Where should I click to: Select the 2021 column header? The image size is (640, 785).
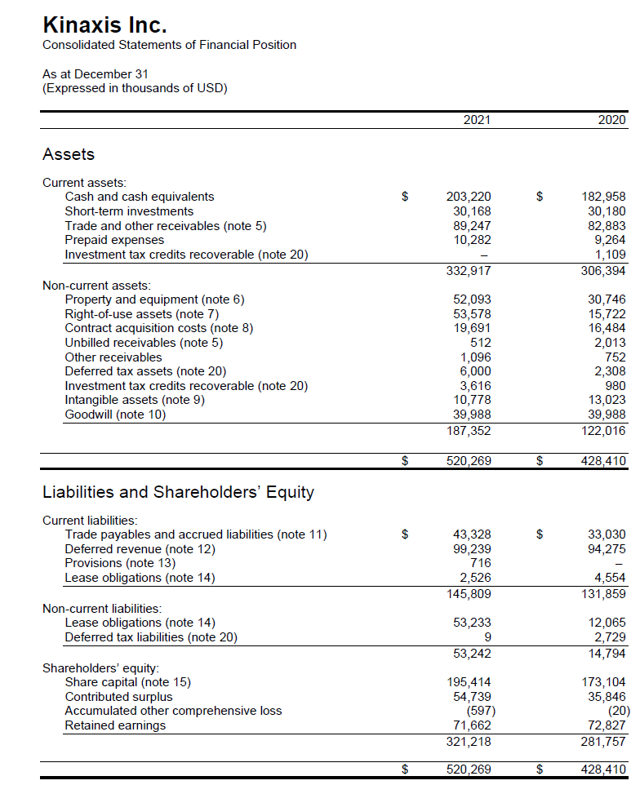(477, 121)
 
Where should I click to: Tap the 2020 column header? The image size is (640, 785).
(611, 121)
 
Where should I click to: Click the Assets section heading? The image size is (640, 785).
(69, 154)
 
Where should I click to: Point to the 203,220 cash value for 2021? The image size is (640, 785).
(469, 197)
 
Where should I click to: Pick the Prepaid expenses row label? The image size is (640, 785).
(114, 240)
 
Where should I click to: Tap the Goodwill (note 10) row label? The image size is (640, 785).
(115, 415)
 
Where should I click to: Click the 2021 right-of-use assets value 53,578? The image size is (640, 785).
(472, 314)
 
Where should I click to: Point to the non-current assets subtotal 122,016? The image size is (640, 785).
(605, 430)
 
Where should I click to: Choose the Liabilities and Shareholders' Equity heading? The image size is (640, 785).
(178, 492)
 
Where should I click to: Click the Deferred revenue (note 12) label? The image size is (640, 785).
(140, 549)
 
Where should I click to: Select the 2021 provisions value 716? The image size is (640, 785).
(481, 563)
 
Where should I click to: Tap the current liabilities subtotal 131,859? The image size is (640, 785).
(605, 593)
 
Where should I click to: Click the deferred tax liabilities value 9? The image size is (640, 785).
(487, 637)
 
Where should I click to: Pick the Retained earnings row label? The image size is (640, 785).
(115, 725)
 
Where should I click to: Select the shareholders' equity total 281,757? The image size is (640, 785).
(605, 741)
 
